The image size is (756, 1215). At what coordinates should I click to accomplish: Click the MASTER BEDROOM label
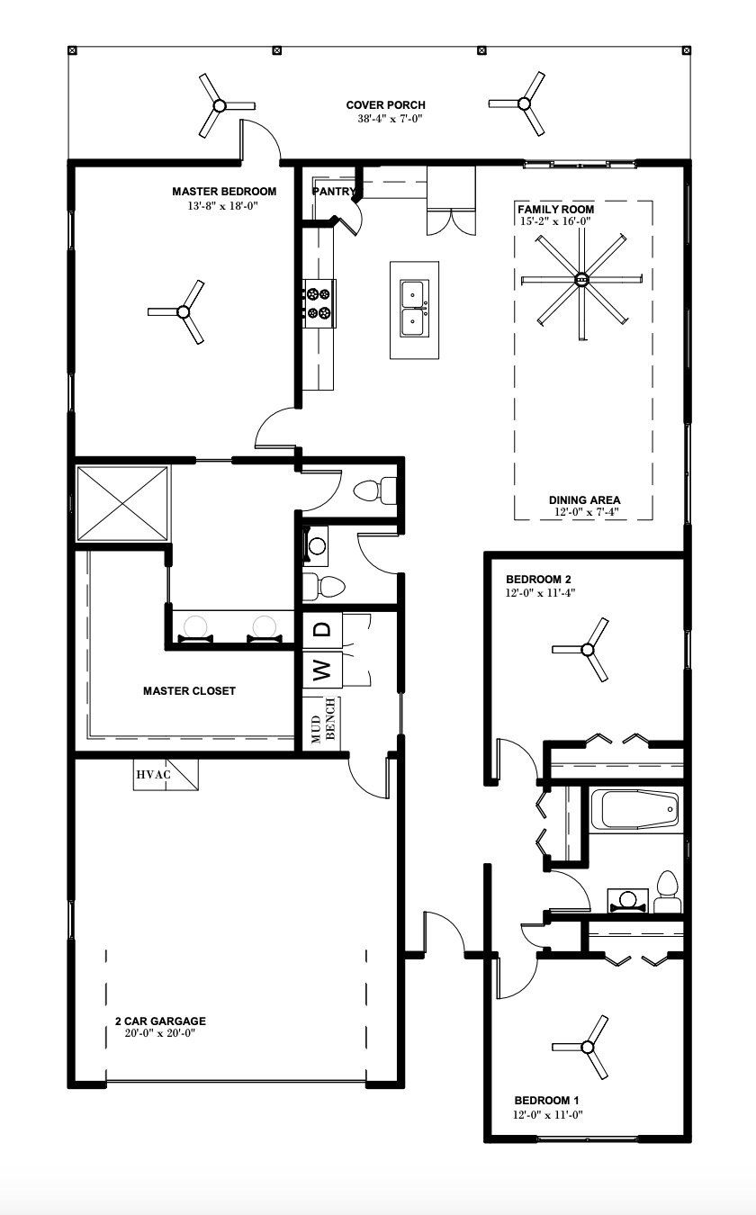click(224, 192)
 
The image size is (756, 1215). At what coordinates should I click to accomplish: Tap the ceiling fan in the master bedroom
click(183, 312)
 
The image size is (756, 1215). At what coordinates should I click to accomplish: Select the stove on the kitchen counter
click(319, 302)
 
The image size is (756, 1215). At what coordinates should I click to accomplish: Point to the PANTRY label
click(333, 192)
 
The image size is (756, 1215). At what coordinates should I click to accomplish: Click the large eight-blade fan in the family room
click(580, 280)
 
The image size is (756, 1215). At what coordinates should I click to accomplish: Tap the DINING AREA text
click(584, 500)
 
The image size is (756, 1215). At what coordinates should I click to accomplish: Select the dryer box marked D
click(322, 630)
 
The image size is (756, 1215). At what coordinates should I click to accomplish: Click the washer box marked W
click(322, 670)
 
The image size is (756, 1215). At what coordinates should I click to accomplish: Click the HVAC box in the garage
click(165, 774)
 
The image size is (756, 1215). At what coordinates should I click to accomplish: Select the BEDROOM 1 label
click(547, 1101)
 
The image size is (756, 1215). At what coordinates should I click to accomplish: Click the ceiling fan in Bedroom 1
click(589, 1046)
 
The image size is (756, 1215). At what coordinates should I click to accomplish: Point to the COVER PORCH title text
click(385, 105)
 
